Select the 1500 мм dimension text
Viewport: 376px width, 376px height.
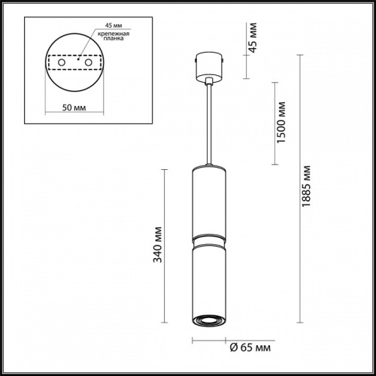pyautogui.click(x=280, y=123)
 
